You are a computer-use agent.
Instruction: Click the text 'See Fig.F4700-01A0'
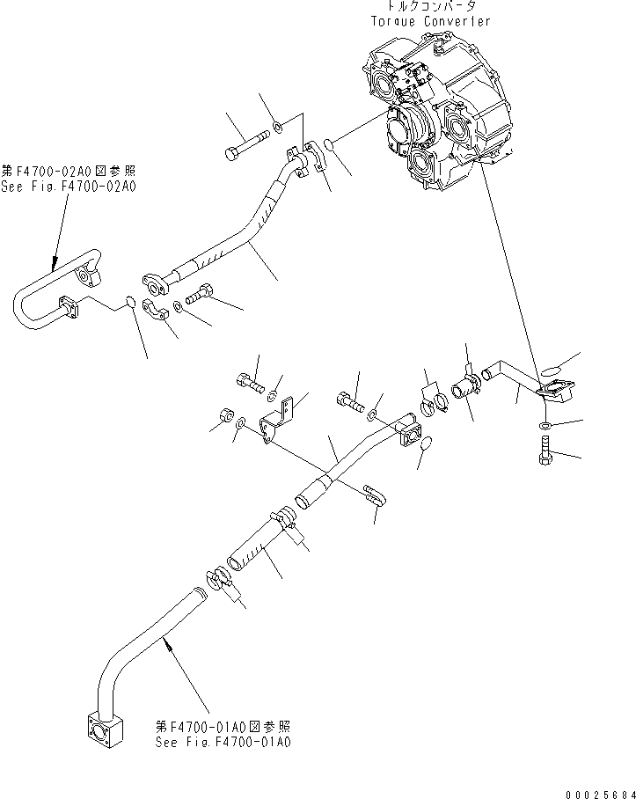coord(223,742)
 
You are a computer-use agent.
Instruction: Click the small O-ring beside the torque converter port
coord(328,143)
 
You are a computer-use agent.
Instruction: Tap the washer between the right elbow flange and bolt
coord(546,426)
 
